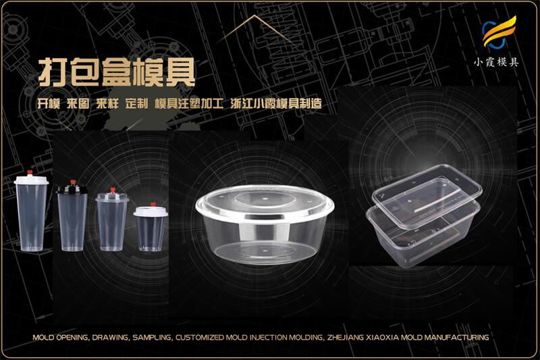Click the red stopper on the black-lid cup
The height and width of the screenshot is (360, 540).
click(73, 182)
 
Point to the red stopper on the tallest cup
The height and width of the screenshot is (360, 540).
click(30, 173)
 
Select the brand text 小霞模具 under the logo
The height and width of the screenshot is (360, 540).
click(496, 62)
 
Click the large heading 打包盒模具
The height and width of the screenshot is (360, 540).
click(117, 72)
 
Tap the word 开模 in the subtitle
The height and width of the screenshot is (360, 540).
click(49, 104)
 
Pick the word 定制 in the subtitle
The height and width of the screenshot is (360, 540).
click(137, 104)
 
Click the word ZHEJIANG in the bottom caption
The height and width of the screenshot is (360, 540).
click(344, 338)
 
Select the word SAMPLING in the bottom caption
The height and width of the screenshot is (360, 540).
click(152, 338)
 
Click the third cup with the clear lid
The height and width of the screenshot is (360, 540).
click(112, 220)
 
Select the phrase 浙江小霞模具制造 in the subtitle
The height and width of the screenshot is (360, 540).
click(276, 104)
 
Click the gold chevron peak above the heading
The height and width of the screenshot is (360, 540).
click(255, 16)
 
